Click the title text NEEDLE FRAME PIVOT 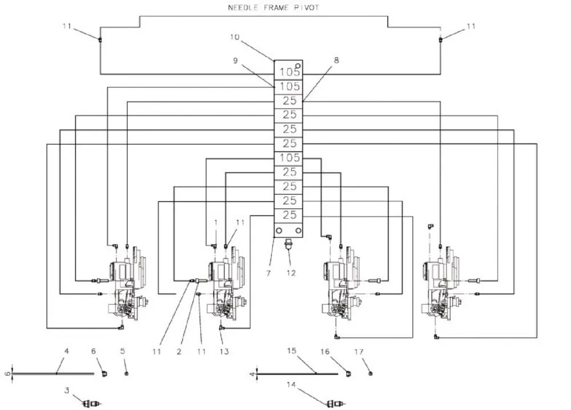[x=274, y=7]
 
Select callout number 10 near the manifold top [x=235, y=37]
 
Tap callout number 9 [x=235, y=60]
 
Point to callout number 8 [x=336, y=60]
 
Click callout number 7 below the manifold [x=268, y=273]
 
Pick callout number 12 [x=291, y=273]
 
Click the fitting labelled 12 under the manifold [x=288, y=243]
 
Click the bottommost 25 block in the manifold [x=288, y=216]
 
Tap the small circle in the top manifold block [x=298, y=66]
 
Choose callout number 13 [x=224, y=351]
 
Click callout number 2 [x=179, y=352]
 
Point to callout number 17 [x=359, y=351]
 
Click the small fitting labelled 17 [x=371, y=374]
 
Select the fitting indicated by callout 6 [x=104, y=374]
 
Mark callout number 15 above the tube [x=292, y=351]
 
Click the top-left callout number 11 [x=67, y=26]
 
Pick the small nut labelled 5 [x=126, y=374]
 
